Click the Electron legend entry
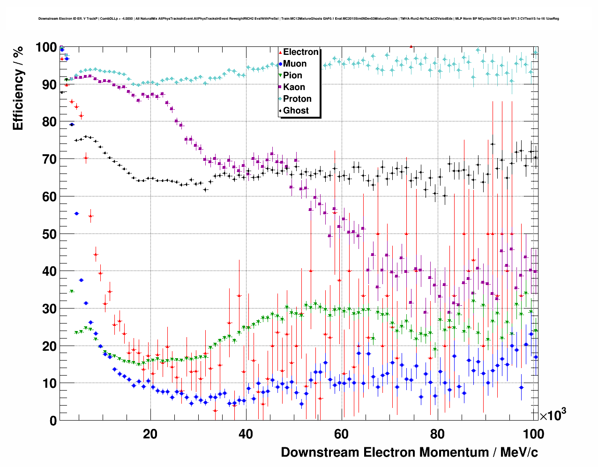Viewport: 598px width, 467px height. pyautogui.click(x=300, y=52)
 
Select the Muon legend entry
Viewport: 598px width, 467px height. pyautogui.click(x=295, y=64)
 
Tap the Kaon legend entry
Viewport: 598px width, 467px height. pyautogui.click(x=294, y=87)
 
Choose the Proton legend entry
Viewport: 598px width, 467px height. pyautogui.click(x=297, y=99)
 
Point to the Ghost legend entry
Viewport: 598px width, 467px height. pyautogui.click(x=296, y=111)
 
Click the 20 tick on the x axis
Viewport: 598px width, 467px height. pyautogui.click(x=150, y=434)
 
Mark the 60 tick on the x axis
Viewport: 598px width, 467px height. pyautogui.click(x=341, y=434)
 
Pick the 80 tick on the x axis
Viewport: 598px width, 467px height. pyautogui.click(x=437, y=434)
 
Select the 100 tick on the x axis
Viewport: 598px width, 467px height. pyautogui.click(x=533, y=434)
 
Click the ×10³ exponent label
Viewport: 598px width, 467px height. pyautogui.click(x=553, y=415)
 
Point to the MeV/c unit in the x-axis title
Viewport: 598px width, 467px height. pyautogui.click(x=519, y=452)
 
